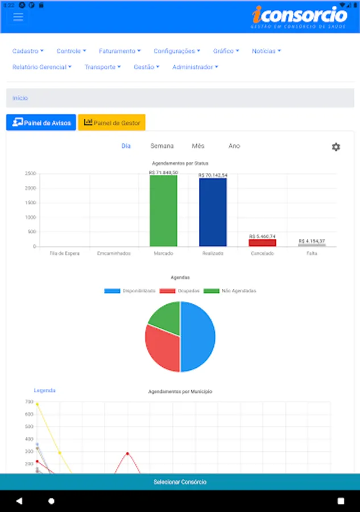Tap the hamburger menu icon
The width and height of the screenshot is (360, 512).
coord(18,16)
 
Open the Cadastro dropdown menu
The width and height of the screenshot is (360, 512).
coord(28,51)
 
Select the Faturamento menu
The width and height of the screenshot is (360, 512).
coord(119,51)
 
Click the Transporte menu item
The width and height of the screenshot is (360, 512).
coord(103,67)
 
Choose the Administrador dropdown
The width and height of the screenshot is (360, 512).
coord(195,67)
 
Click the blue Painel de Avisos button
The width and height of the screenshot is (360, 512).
coord(41,122)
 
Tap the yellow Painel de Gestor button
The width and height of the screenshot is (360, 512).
coord(111,122)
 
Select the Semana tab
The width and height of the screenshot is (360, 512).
coord(162,146)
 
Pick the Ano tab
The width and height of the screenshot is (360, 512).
coord(234,146)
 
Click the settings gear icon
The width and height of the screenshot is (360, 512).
coord(336,147)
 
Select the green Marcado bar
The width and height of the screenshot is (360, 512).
coord(164,210)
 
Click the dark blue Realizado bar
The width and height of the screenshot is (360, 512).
coord(213,212)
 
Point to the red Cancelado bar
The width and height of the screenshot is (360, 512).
coord(262,242)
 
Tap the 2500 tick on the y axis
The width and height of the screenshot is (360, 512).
coord(31,174)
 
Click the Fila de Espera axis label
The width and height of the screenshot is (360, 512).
coord(65,253)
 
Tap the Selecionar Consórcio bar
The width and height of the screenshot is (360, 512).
coord(180,482)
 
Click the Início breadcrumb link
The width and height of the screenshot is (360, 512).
coord(20,98)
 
